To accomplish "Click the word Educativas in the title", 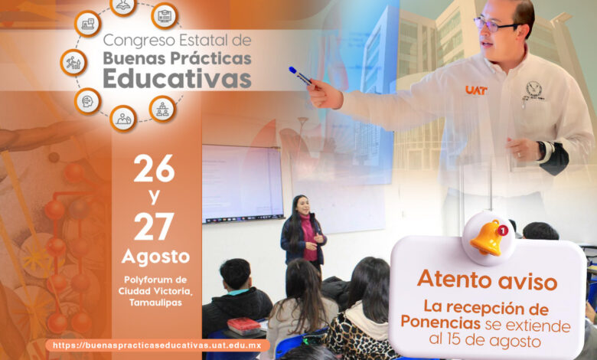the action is pyautogui.click(x=177, y=78).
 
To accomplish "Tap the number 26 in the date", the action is pyautogui.click(x=154, y=169).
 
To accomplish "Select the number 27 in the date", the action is pyautogui.click(x=154, y=227).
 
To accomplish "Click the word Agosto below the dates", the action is pyautogui.click(x=155, y=257).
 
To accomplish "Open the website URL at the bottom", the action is pyautogui.click(x=157, y=345).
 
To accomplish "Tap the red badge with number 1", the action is pyautogui.click(x=503, y=230).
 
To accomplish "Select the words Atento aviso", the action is pyautogui.click(x=487, y=280).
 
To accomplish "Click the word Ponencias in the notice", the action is pyautogui.click(x=440, y=322).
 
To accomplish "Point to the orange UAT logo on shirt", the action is pyautogui.click(x=476, y=90).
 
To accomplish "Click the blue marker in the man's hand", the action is pyautogui.click(x=300, y=76).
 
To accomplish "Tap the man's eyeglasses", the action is pyautogui.click(x=495, y=25).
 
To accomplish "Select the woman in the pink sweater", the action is pyautogui.click(x=303, y=231).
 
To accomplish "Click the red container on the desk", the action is pyautogui.click(x=243, y=326).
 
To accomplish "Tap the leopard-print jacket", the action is pyautogui.click(x=356, y=335).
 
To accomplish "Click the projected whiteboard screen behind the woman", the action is pyautogui.click(x=243, y=183).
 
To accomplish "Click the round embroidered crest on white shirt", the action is pyautogui.click(x=533, y=89).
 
